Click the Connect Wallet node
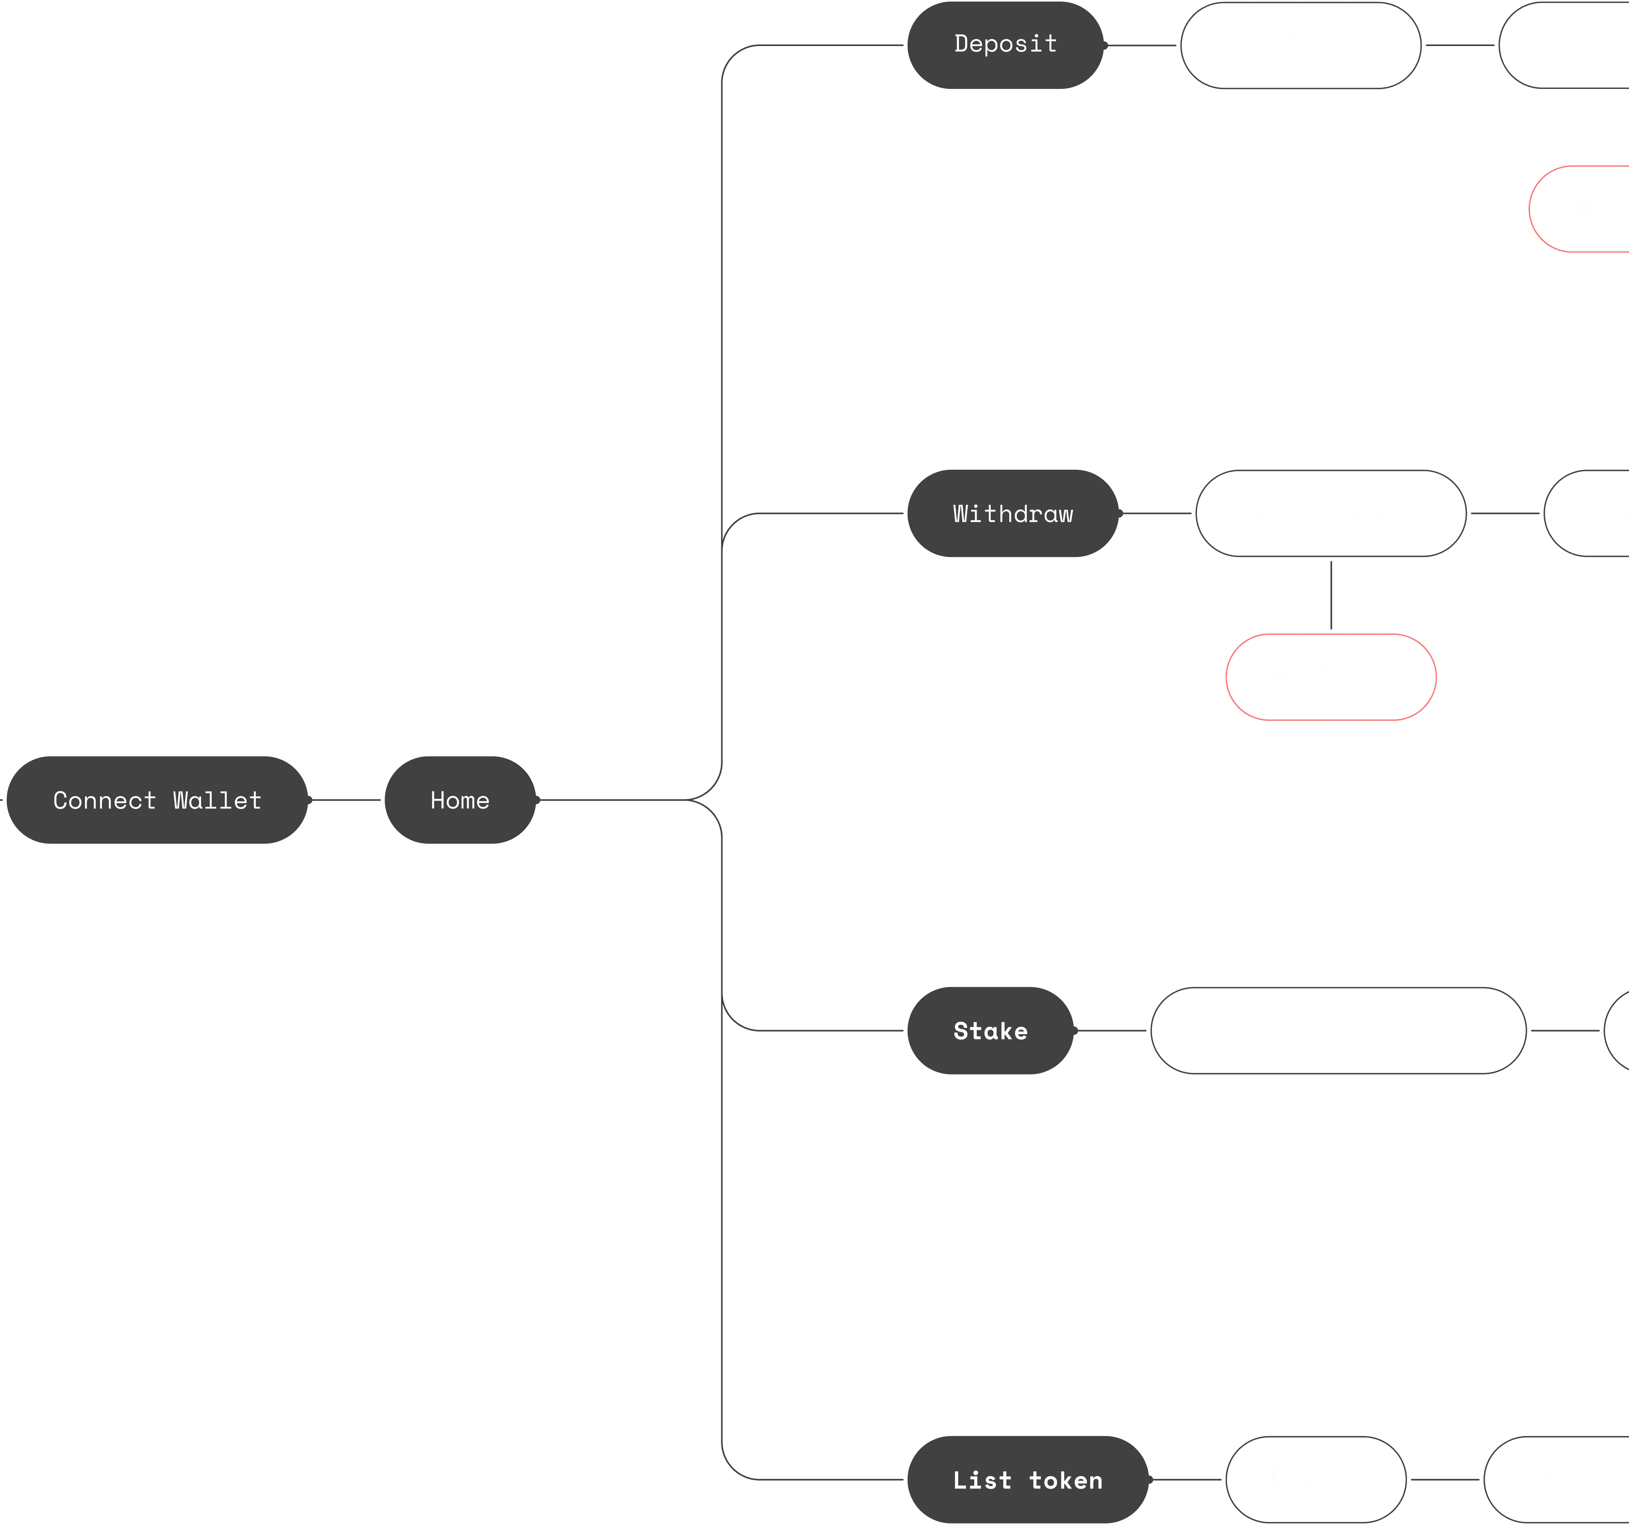click(x=157, y=800)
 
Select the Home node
click(x=460, y=800)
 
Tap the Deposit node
click(x=1005, y=45)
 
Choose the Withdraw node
click(x=1013, y=514)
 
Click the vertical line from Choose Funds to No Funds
click(x=1331, y=596)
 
